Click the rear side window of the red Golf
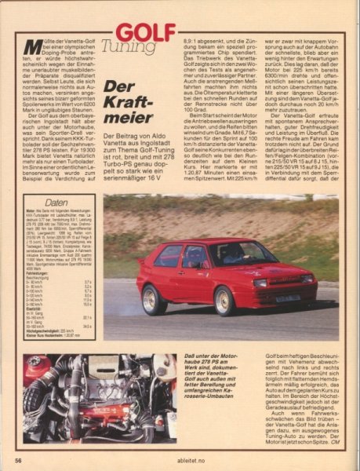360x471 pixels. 170,257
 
